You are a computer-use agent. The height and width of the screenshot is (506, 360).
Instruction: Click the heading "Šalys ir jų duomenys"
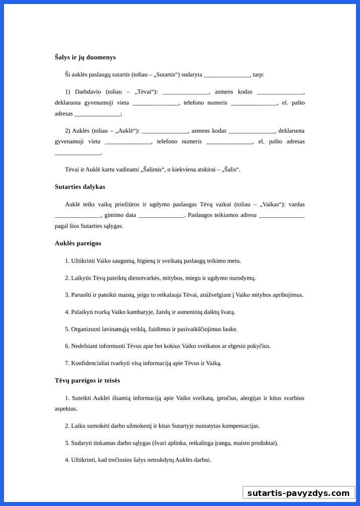point(85,57)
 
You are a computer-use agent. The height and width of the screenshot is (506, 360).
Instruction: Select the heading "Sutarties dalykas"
point(80,187)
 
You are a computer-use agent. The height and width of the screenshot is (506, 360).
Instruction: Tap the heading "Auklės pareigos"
point(78,243)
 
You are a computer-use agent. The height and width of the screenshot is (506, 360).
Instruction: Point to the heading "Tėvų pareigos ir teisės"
point(87,381)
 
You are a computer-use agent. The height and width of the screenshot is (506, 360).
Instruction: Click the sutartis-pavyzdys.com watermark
point(298,493)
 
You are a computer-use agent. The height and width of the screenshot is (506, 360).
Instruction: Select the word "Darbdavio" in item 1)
point(88,92)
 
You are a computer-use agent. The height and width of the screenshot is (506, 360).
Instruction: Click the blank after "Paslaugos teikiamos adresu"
point(282,215)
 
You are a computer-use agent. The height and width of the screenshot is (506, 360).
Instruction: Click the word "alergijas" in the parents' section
point(246,398)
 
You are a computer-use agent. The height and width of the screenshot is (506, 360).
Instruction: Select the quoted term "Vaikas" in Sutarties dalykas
point(273,205)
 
